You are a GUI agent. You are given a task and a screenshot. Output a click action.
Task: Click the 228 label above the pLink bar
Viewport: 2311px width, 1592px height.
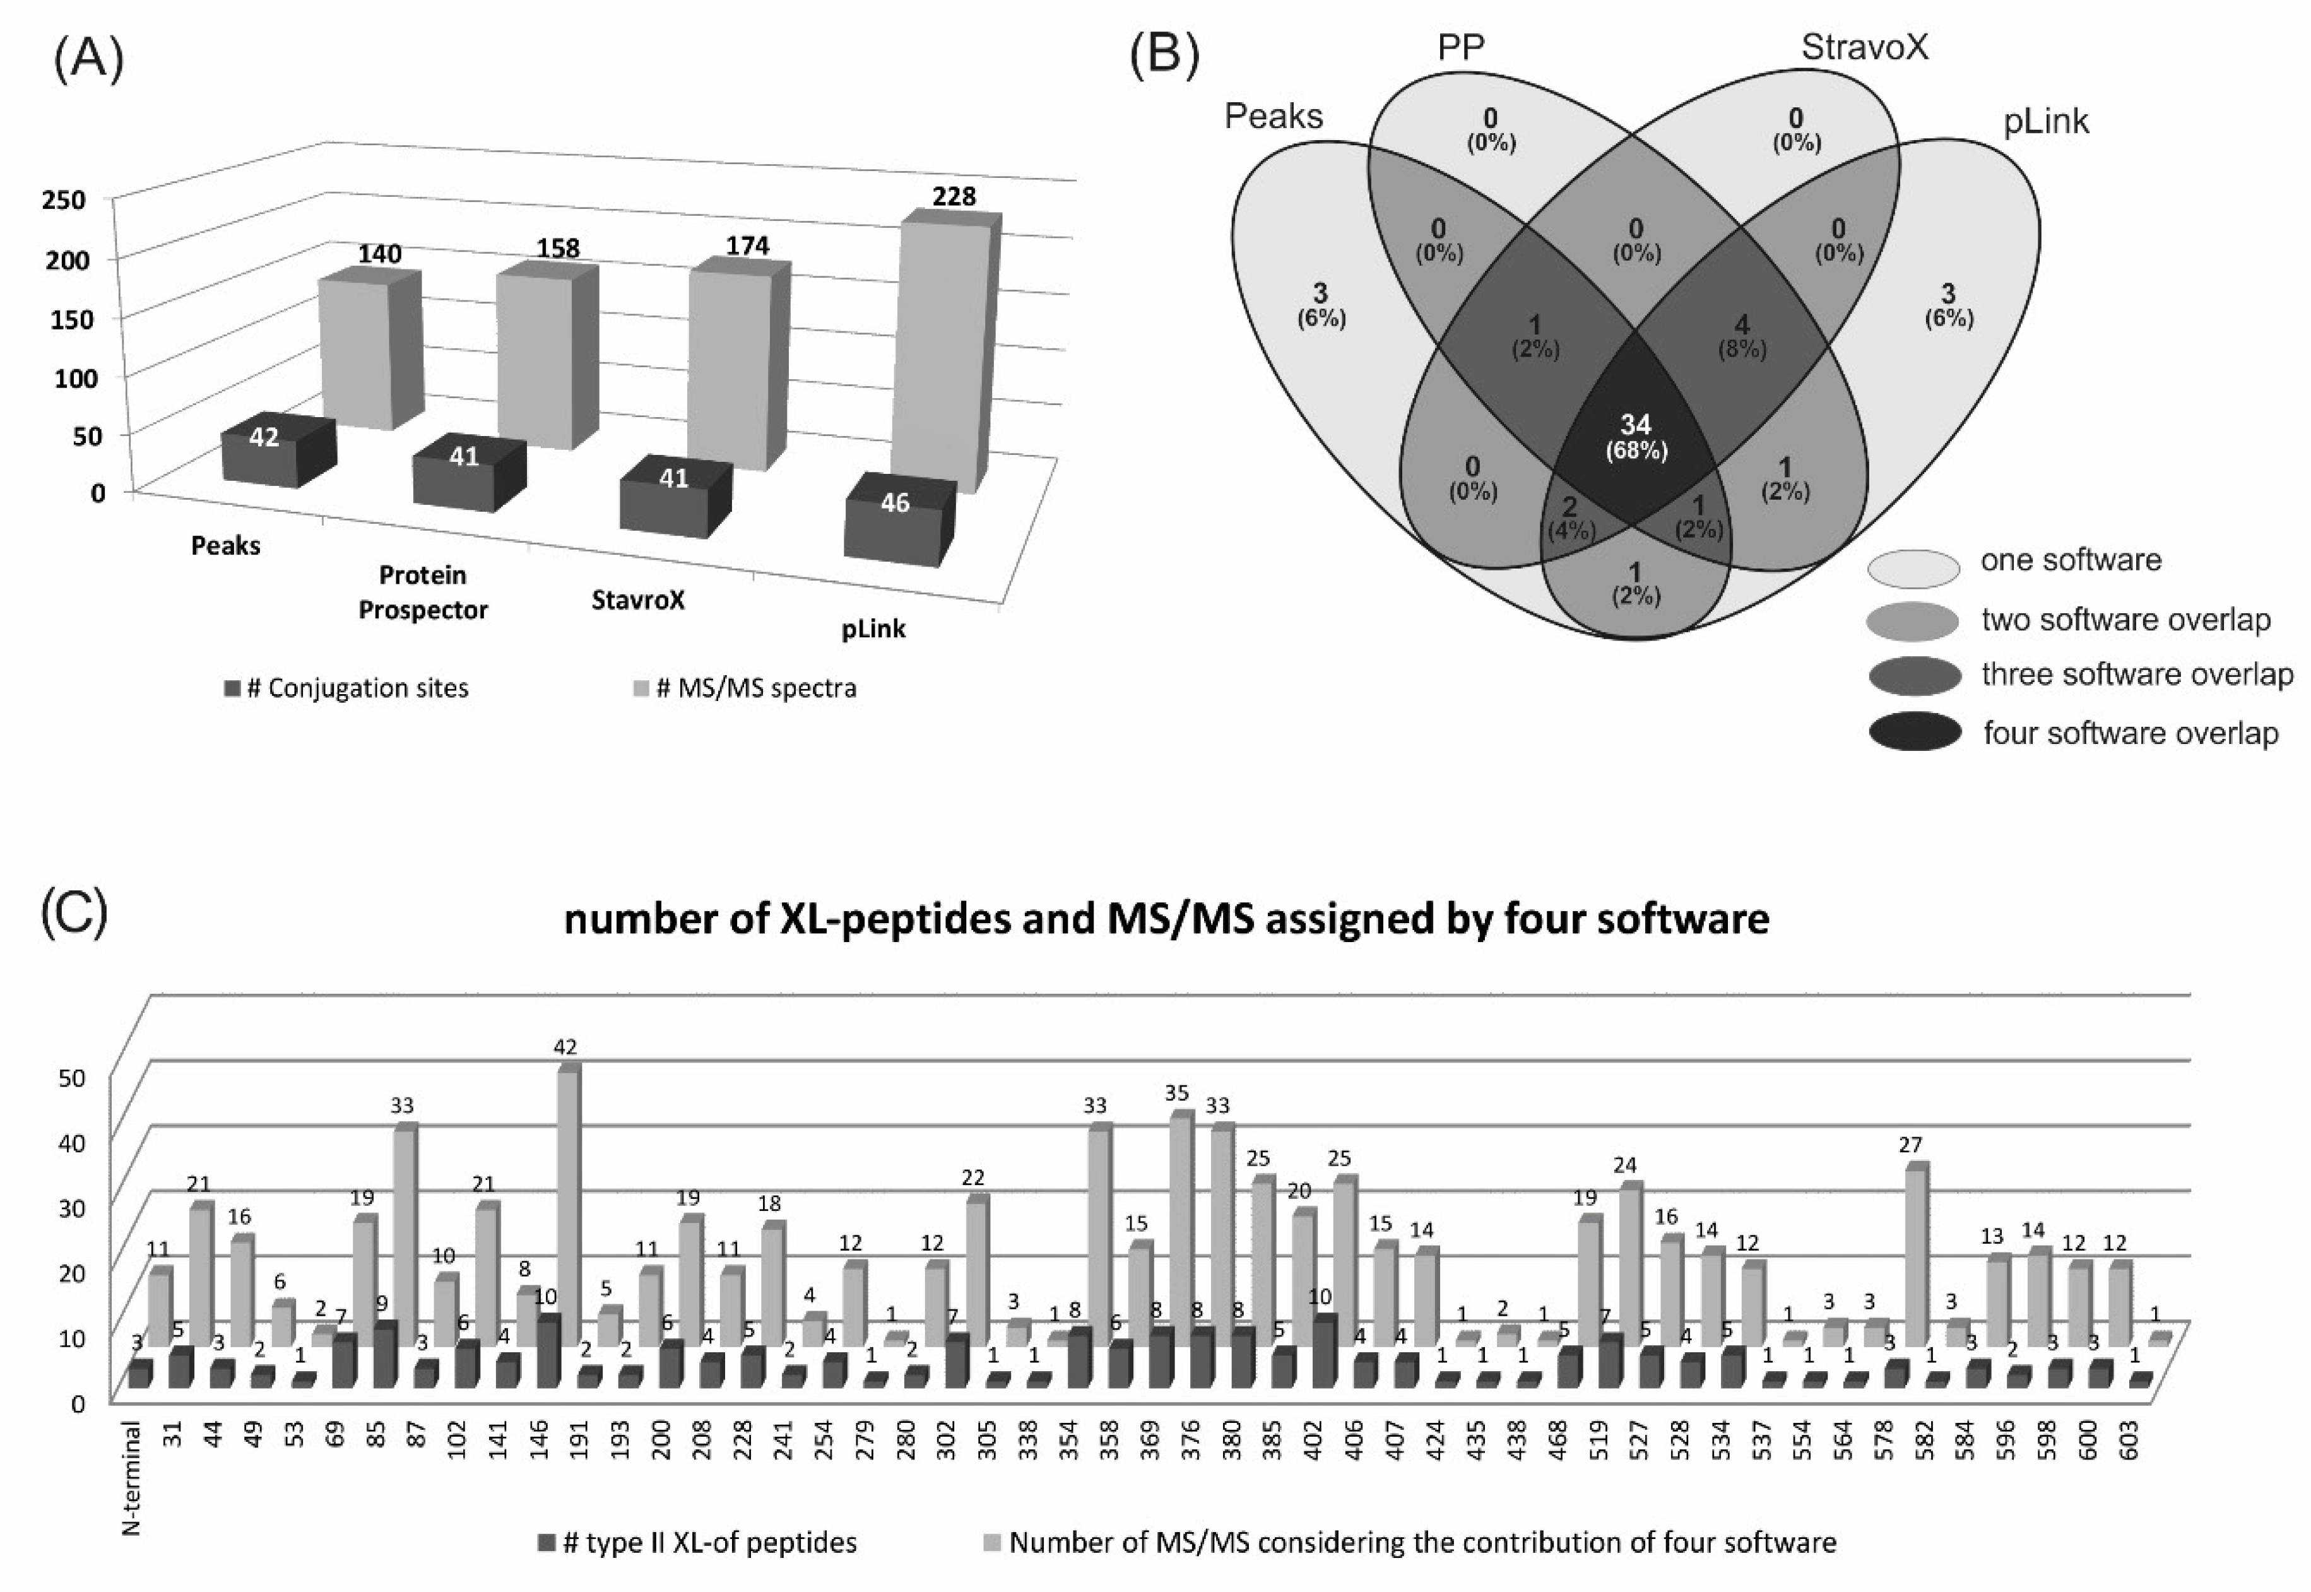coord(954,196)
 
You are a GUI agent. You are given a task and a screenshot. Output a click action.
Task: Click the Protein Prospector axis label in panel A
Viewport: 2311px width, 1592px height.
coord(423,593)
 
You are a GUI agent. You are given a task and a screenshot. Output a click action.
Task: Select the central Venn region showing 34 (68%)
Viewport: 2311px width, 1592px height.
coord(1636,439)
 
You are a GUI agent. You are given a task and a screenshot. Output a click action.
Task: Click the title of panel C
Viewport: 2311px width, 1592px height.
coord(1166,917)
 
